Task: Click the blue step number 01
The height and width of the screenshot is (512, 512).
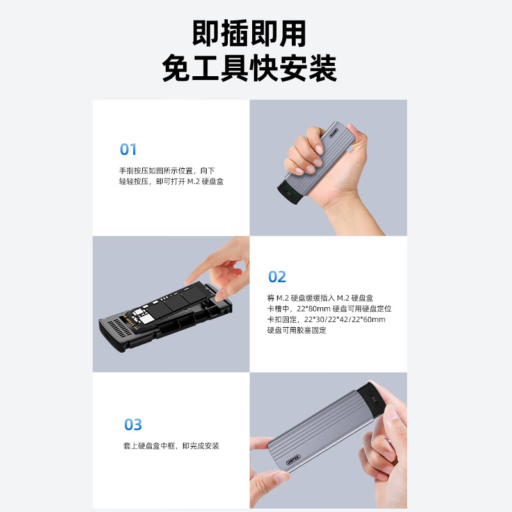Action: [128, 149]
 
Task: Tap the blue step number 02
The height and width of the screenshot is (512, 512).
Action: [277, 276]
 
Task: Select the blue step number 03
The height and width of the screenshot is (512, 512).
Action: [133, 424]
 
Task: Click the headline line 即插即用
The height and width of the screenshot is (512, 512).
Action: [249, 33]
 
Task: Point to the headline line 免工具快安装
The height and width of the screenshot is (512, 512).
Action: [249, 68]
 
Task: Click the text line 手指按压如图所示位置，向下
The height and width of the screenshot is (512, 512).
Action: [167, 171]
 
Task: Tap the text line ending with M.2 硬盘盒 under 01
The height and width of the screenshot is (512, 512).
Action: [171, 182]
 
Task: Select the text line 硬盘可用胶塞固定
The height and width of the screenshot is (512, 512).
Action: [296, 330]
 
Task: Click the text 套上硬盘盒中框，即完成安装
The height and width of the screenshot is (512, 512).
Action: [171, 445]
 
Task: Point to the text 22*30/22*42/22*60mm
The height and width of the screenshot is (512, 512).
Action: [344, 319]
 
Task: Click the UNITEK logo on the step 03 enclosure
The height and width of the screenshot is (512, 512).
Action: [293, 460]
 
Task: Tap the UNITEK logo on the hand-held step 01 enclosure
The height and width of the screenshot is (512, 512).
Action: [333, 133]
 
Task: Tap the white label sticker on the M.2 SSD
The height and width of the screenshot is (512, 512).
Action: [143, 315]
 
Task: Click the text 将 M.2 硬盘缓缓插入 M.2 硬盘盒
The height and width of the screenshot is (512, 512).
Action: [320, 298]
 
